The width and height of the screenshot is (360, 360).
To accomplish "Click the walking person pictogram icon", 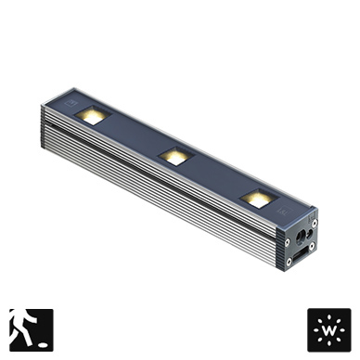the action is coord(32,330).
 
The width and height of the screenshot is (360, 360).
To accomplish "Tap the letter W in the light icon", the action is coord(329,330).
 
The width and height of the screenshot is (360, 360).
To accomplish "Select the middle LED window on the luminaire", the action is coord(176,156).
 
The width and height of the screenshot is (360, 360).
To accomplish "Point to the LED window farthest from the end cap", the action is coord(93,115).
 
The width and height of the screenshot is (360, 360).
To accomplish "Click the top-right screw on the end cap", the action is coord(315,223).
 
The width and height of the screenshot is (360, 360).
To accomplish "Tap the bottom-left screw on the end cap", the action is coord(289,262).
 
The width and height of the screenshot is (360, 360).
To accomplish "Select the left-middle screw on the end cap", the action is coord(288,241).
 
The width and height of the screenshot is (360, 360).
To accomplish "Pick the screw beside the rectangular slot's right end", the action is coord(312,246).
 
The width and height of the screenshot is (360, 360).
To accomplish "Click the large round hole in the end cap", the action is coord(301,238).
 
